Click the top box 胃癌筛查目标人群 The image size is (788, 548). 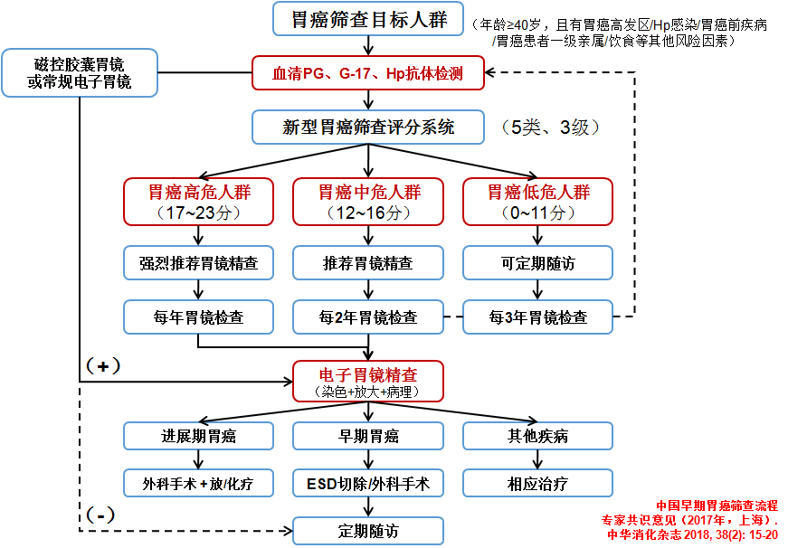coord(368,19)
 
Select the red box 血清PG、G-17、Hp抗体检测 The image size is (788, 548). coord(368,73)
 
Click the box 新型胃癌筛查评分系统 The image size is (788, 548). coord(368,128)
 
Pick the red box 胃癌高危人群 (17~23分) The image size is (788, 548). coord(199,202)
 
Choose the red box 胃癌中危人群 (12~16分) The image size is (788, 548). coord(368,202)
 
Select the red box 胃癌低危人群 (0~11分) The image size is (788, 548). coord(538,202)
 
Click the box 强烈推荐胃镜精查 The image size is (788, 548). coord(199,264)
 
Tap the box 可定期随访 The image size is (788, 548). coord(538,264)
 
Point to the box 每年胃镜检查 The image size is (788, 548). coord(199,317)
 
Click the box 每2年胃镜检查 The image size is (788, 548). coord(368,317)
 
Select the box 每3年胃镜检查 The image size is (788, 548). coord(538,317)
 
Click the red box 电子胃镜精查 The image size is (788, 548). coord(368,382)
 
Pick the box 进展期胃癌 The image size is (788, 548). coord(199,437)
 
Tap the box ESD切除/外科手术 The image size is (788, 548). coord(368,483)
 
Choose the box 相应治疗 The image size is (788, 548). coord(538,483)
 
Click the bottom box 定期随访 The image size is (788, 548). coord(368,531)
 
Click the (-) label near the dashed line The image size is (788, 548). coord(101,515)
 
